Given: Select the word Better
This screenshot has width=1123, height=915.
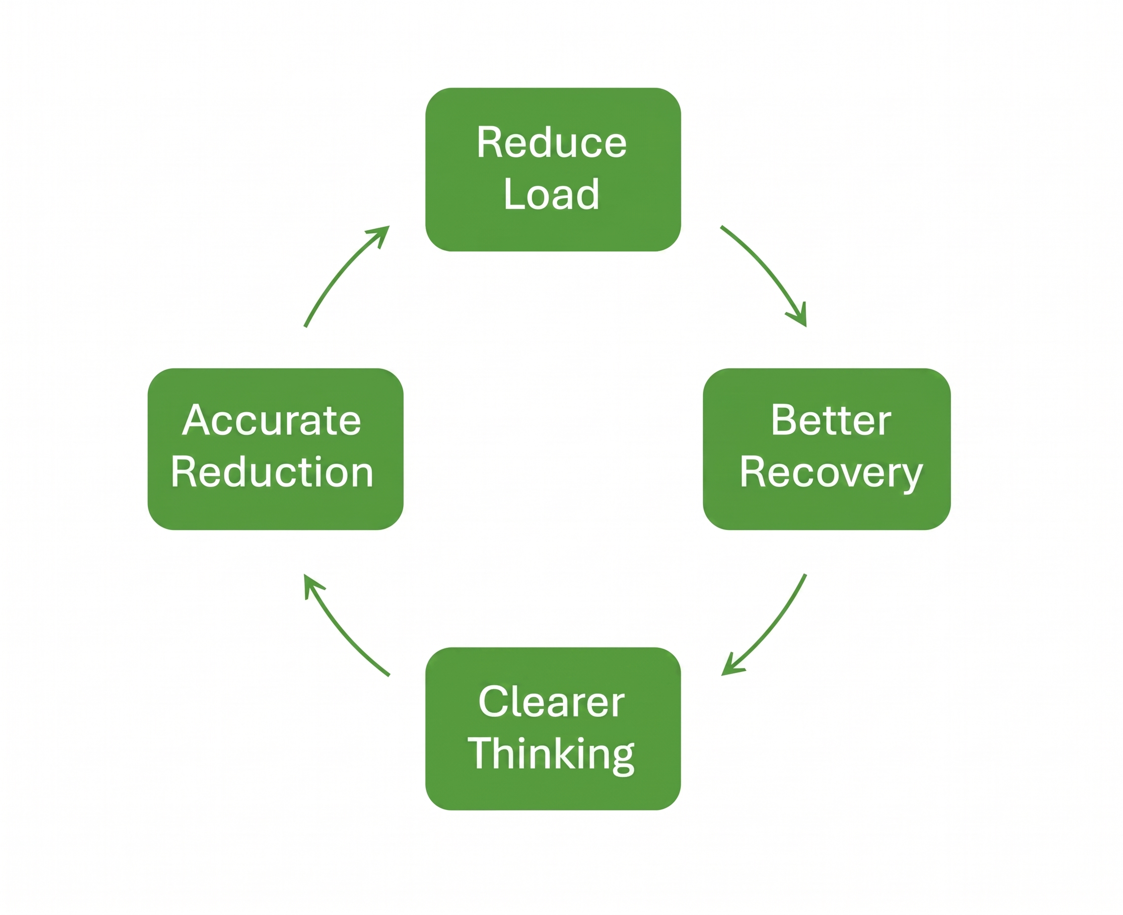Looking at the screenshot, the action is [x=831, y=420].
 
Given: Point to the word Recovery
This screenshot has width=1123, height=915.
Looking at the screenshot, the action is [x=831, y=473].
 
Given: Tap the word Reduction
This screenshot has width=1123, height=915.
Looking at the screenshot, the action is [x=272, y=472].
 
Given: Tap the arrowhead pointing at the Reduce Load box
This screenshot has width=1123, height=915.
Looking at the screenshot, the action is [x=381, y=235].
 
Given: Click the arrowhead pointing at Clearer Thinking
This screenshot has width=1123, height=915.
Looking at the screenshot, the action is [x=731, y=666].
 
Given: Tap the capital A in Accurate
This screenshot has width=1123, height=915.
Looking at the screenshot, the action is [x=198, y=420].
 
